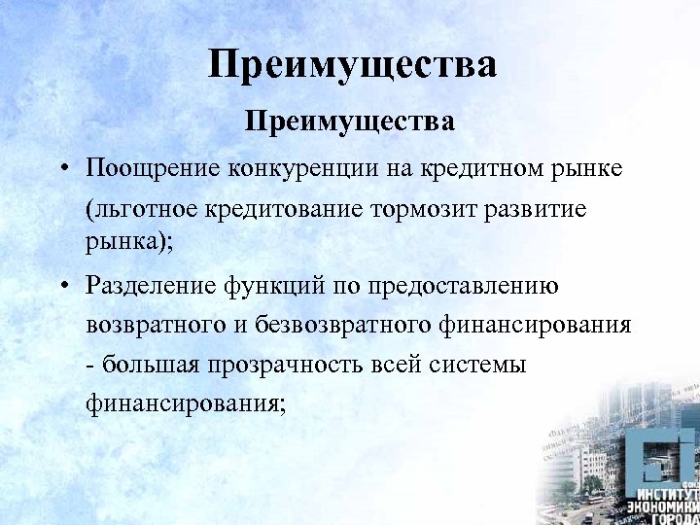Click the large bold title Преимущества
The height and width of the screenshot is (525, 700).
point(351,66)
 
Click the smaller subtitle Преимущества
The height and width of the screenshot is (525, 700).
point(350,122)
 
